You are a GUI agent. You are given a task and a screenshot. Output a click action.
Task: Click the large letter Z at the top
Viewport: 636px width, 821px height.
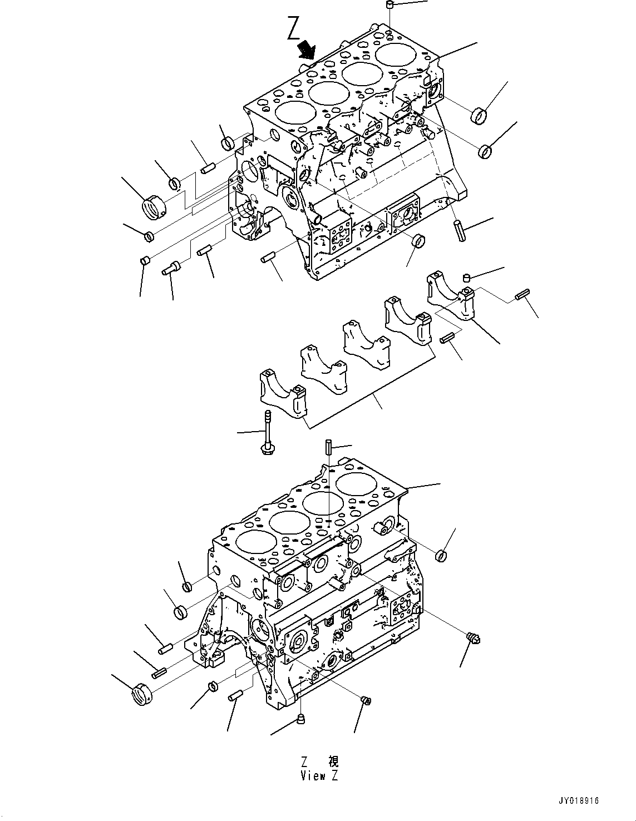pyautogui.click(x=294, y=29)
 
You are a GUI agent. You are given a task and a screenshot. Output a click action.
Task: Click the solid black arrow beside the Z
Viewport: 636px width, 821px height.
pyautogui.click(x=305, y=50)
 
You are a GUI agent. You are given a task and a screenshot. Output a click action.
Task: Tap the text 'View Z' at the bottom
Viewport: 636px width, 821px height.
pyautogui.click(x=319, y=775)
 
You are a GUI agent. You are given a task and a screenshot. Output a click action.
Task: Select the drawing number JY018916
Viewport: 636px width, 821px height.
pyautogui.click(x=579, y=800)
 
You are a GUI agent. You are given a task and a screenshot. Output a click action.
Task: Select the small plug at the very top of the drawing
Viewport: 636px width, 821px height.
pyautogui.click(x=390, y=6)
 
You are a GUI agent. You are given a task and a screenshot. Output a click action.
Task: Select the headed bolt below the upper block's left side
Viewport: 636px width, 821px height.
pyautogui.click(x=170, y=269)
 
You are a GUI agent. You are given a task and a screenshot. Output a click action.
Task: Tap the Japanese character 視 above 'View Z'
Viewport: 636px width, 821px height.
pyautogui.click(x=333, y=761)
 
